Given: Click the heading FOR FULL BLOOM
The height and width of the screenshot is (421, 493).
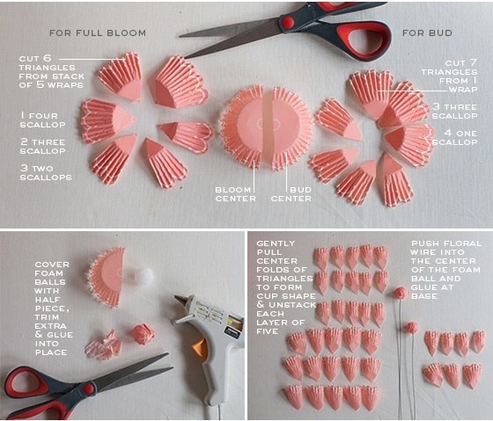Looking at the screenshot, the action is (98, 33).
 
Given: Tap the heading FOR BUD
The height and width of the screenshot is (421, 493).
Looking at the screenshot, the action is (427, 33).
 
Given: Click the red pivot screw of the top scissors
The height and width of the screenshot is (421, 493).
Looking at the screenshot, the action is (287, 22).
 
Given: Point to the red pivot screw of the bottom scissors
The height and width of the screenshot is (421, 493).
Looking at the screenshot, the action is (89, 388).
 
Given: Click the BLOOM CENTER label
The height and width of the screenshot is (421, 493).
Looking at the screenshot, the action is (236, 194).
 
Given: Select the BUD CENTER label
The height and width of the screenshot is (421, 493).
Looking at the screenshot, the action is (291, 194).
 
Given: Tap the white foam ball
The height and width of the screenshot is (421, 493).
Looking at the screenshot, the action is (143, 275).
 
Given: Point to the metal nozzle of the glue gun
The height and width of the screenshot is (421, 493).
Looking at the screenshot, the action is (180, 301).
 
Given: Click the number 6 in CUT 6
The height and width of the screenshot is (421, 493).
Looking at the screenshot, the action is (48, 58).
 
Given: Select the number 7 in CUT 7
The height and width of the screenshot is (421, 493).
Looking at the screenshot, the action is (474, 62).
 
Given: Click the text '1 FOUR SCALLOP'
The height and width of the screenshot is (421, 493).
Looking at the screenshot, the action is (42, 120).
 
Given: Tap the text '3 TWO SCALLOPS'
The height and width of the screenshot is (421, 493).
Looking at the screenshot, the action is (46, 172).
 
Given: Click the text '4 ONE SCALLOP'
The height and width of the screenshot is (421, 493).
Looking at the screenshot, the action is (454, 137).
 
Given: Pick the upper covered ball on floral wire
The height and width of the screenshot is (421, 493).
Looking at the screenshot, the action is (401, 294).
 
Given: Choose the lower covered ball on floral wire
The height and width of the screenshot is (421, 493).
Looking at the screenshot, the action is (412, 328).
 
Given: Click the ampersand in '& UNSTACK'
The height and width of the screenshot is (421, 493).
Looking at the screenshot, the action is (261, 304).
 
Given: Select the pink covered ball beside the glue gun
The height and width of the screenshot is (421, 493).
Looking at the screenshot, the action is (143, 334).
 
